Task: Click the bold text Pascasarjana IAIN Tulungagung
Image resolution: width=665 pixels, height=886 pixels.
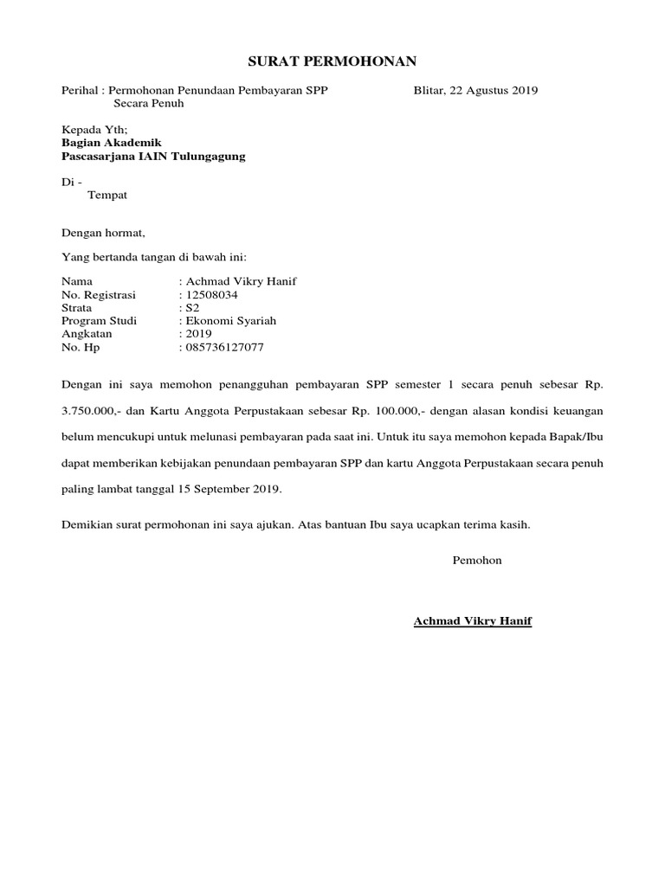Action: (x=153, y=157)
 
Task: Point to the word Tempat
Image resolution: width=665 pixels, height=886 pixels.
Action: (x=107, y=196)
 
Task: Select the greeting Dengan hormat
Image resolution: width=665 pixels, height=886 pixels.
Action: (x=103, y=233)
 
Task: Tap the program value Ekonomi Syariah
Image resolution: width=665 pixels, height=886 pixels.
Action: (x=230, y=321)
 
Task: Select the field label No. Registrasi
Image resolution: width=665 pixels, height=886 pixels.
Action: (x=99, y=295)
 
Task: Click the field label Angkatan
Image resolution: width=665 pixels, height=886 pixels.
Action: (x=87, y=334)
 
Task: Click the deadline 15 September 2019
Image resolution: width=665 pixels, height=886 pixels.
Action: (x=229, y=490)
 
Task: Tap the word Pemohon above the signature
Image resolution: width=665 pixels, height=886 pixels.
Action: (x=477, y=561)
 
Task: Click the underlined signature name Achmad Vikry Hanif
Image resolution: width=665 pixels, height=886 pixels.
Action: (x=473, y=621)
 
